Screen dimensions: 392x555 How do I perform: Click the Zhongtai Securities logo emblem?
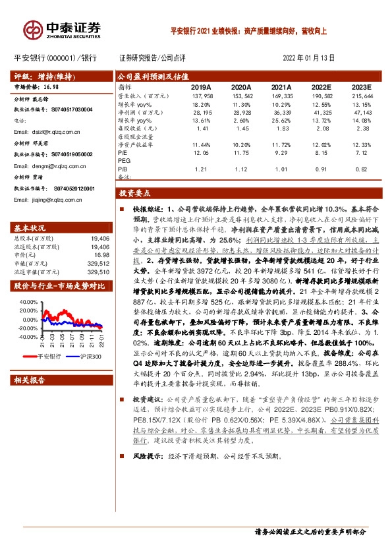(x=33, y=29)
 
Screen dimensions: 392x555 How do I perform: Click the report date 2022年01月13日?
(x=308, y=58)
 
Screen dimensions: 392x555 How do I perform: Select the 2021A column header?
(x=281, y=86)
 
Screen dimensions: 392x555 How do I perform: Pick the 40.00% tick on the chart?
(x=29, y=302)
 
